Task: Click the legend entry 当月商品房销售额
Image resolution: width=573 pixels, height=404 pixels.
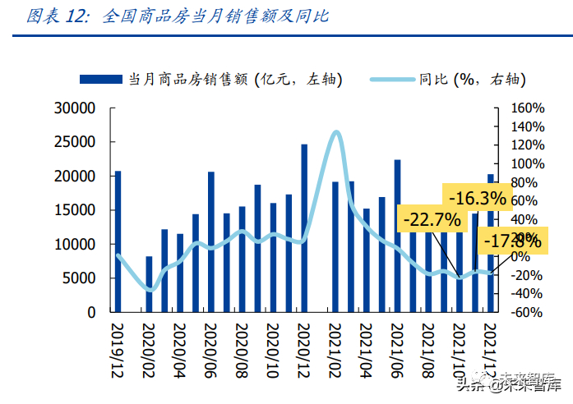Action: coord(210,79)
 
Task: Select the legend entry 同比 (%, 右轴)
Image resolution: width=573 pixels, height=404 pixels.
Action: coord(460,79)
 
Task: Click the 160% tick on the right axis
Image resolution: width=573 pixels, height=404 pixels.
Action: coord(526,108)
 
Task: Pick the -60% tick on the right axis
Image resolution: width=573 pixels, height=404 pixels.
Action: coord(526,313)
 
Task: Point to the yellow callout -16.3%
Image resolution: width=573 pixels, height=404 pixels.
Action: coord(477,198)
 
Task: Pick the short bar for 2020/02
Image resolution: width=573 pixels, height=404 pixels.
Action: coord(149,285)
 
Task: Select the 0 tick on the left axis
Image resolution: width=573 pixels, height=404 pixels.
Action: coord(92,313)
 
